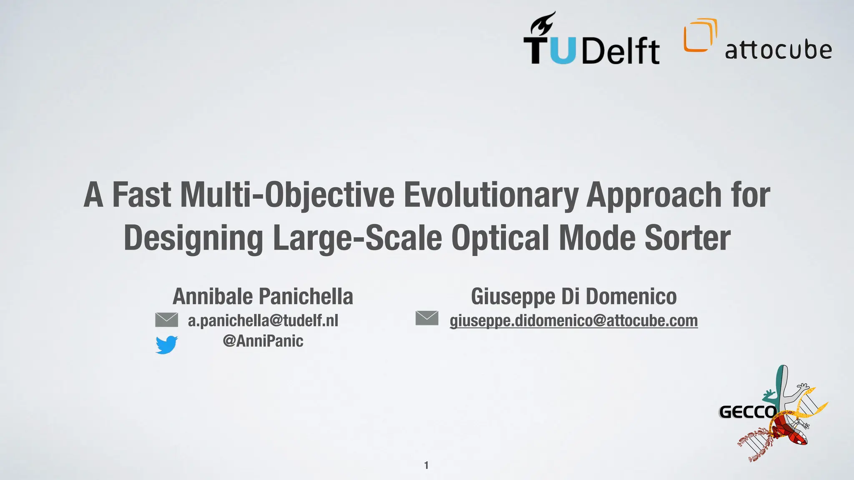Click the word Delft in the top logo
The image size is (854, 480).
click(x=620, y=51)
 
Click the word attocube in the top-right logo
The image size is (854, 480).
click(x=778, y=50)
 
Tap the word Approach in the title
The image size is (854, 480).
click(x=654, y=195)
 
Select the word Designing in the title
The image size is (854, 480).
click(x=193, y=238)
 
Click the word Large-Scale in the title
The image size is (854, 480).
click(x=357, y=238)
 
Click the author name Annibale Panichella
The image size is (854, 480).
click(x=263, y=297)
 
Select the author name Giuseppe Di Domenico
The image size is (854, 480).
click(x=573, y=297)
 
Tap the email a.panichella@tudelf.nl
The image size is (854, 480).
click(x=263, y=320)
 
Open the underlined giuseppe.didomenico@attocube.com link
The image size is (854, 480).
click(x=573, y=320)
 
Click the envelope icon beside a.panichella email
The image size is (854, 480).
click(x=166, y=320)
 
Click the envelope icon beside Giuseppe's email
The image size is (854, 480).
click(x=427, y=318)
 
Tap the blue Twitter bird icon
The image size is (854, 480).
click(x=166, y=345)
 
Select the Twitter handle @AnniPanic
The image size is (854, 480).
click(x=263, y=341)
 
